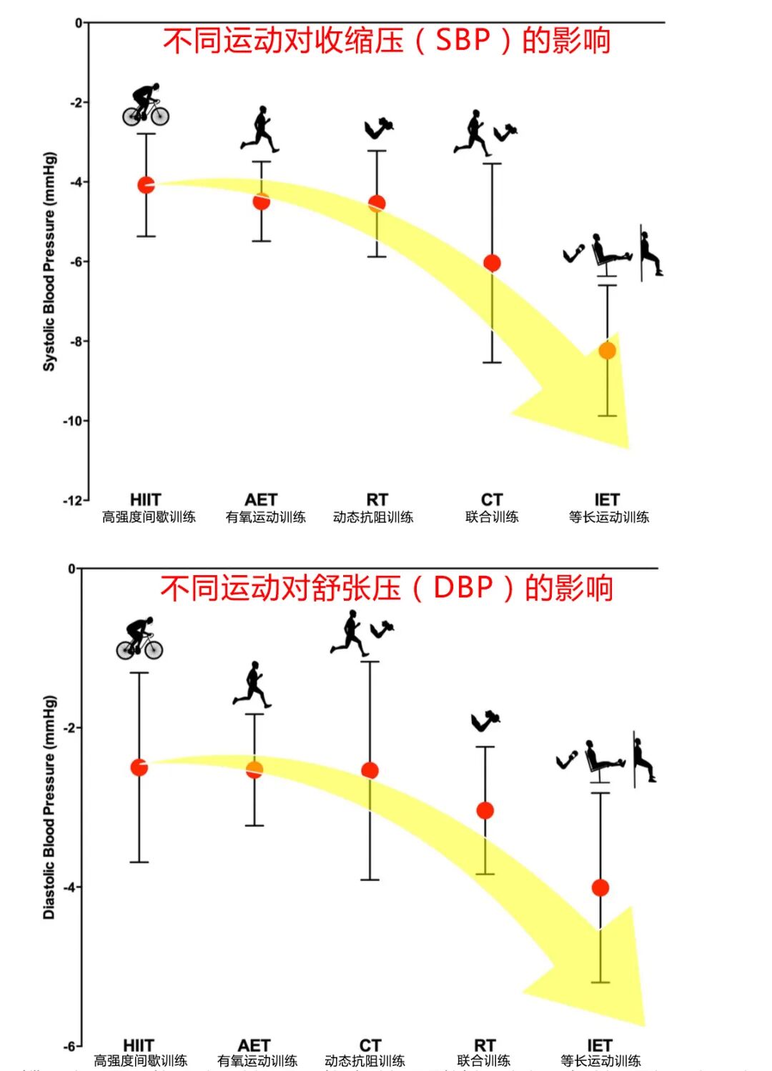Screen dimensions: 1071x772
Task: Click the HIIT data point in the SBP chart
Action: [146, 185]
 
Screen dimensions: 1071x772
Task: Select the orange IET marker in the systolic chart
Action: [607, 351]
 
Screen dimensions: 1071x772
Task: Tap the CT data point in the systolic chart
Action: [492, 263]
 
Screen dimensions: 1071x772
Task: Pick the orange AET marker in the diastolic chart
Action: [254, 769]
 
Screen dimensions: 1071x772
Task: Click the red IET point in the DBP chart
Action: [600, 887]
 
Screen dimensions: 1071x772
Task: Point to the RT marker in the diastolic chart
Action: [485, 810]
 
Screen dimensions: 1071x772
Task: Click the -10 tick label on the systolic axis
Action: [73, 421]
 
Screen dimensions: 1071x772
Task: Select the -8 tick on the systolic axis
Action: [76, 342]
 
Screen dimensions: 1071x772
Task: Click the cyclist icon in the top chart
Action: [146, 105]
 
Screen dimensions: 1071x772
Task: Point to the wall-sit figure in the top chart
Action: [650, 253]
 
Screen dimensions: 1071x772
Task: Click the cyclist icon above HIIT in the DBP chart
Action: [140, 638]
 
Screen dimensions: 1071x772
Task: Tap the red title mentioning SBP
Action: [386, 40]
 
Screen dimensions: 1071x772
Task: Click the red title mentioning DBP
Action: [386, 588]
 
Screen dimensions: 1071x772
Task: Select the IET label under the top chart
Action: [607, 499]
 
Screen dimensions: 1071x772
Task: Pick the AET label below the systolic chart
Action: [261, 499]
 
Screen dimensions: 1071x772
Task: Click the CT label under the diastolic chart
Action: [370, 1045]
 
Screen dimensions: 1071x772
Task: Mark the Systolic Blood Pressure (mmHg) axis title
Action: [49, 261]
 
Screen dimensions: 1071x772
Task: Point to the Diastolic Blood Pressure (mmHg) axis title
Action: [49, 807]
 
